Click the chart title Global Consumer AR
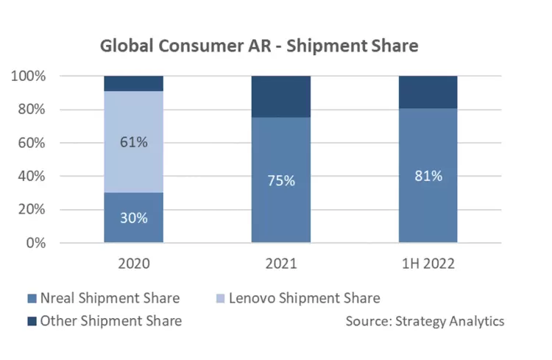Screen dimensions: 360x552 tap(259, 46)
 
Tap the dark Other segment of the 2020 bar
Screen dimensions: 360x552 tap(133, 83)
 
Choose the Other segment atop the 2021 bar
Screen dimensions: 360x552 tap(280, 96)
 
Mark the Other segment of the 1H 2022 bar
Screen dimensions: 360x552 tap(428, 92)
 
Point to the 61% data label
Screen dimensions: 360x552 tap(133, 142)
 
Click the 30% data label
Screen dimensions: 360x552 tap(133, 218)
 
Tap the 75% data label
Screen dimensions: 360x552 tap(280, 180)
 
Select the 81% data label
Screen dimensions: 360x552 tap(428, 175)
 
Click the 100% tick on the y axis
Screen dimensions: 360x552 tap(30, 77)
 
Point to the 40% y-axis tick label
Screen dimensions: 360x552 tap(32, 177)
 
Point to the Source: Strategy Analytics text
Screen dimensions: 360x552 tap(425, 321)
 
